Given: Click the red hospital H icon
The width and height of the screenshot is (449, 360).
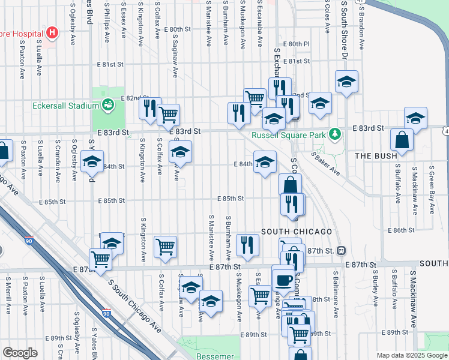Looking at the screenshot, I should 53,32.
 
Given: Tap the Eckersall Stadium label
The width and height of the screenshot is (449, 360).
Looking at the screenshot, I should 65,106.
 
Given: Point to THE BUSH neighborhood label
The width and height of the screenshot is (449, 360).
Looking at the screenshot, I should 376,156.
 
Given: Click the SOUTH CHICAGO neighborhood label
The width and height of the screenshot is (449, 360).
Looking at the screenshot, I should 297,232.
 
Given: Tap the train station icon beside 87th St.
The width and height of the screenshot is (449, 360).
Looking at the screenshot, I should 341,250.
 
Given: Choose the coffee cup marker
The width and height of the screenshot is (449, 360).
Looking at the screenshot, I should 283,278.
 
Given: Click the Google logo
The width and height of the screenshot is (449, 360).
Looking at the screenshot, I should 20,353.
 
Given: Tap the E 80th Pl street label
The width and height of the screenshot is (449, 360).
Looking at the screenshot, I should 298,44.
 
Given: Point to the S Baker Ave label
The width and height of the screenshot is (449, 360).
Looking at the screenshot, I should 326,163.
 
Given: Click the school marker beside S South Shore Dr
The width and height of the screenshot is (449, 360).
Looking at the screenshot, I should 346,82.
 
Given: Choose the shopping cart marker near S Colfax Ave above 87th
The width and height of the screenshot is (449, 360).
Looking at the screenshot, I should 165,246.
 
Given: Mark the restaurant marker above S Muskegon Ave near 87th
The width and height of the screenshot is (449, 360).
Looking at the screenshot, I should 247,244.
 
